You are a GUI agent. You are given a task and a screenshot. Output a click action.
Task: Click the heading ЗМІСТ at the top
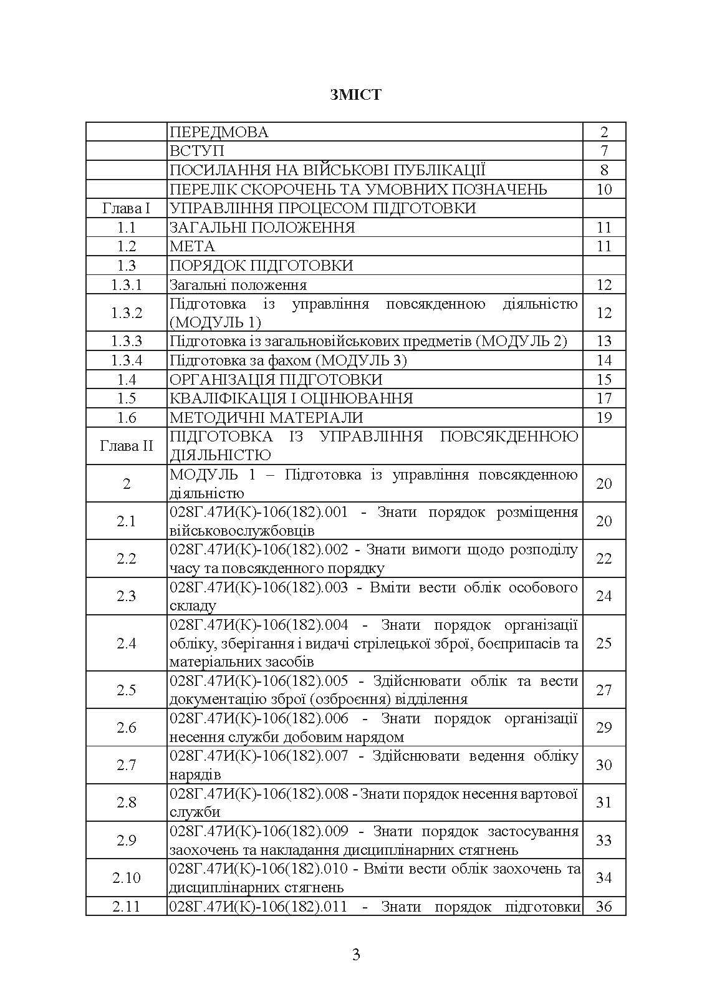click(355, 95)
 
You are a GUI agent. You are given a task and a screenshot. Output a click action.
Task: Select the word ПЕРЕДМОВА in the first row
click(219, 132)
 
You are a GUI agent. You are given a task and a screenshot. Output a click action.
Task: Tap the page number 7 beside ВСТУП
click(604, 151)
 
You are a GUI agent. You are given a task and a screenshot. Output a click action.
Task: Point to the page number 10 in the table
click(604, 190)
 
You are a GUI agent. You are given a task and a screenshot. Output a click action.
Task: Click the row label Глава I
click(126, 208)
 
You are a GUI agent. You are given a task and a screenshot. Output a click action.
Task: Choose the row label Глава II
click(126, 446)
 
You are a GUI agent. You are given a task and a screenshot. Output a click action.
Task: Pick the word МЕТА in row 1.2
click(192, 246)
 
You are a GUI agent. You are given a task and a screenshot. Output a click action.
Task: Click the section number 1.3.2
click(126, 313)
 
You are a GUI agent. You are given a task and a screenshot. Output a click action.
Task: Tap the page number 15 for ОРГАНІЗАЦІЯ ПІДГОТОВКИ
click(604, 380)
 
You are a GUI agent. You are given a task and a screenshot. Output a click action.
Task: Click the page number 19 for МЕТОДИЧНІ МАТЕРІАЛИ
click(604, 418)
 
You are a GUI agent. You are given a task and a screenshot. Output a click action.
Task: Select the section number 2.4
click(126, 643)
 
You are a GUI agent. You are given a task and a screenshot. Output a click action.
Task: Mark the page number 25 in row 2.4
click(604, 643)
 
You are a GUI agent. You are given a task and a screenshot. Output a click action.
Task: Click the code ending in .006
click(259, 718)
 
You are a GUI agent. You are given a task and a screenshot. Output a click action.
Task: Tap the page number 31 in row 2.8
click(604, 802)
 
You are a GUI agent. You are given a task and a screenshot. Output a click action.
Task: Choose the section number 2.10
click(126, 878)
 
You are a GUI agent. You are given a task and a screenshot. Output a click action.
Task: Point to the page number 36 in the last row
click(604, 907)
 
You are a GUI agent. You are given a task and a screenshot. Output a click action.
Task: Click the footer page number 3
click(356, 955)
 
